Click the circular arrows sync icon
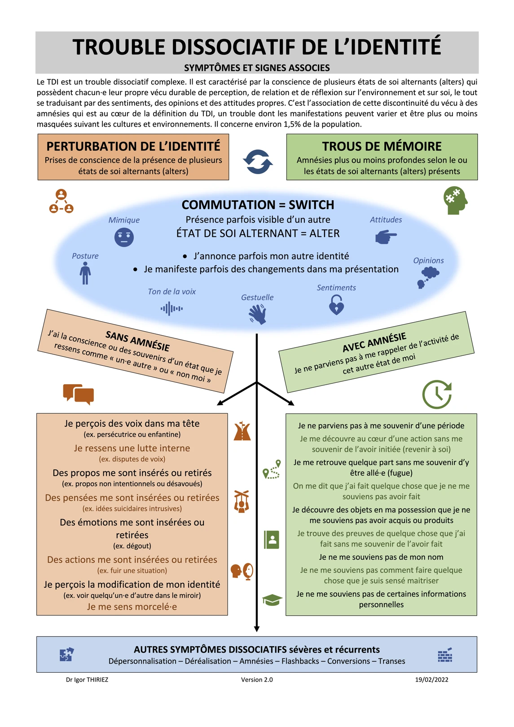pyautogui.click(x=258, y=162)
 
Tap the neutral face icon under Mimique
pyautogui.click(x=124, y=237)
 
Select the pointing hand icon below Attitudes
pyautogui.click(x=386, y=236)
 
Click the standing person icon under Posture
pyautogui.click(x=85, y=273)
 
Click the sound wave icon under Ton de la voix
pyautogui.click(x=171, y=309)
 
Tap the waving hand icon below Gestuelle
pyautogui.click(x=258, y=314)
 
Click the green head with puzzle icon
pyautogui.click(x=455, y=200)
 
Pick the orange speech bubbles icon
pyautogui.click(x=79, y=394)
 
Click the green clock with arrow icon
pyautogui.click(x=437, y=394)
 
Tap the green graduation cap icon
pyautogui.click(x=272, y=600)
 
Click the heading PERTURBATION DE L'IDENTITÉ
pyautogui.click(x=133, y=146)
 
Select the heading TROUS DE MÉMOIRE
pyautogui.click(x=382, y=146)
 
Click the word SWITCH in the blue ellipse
pyautogui.click(x=311, y=205)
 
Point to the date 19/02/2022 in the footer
pyautogui.click(x=431, y=679)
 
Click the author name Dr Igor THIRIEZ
pyautogui.click(x=87, y=679)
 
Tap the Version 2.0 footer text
pyautogui.click(x=257, y=679)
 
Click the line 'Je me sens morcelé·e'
pyautogui.click(x=132, y=607)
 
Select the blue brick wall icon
pyautogui.click(x=445, y=655)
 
